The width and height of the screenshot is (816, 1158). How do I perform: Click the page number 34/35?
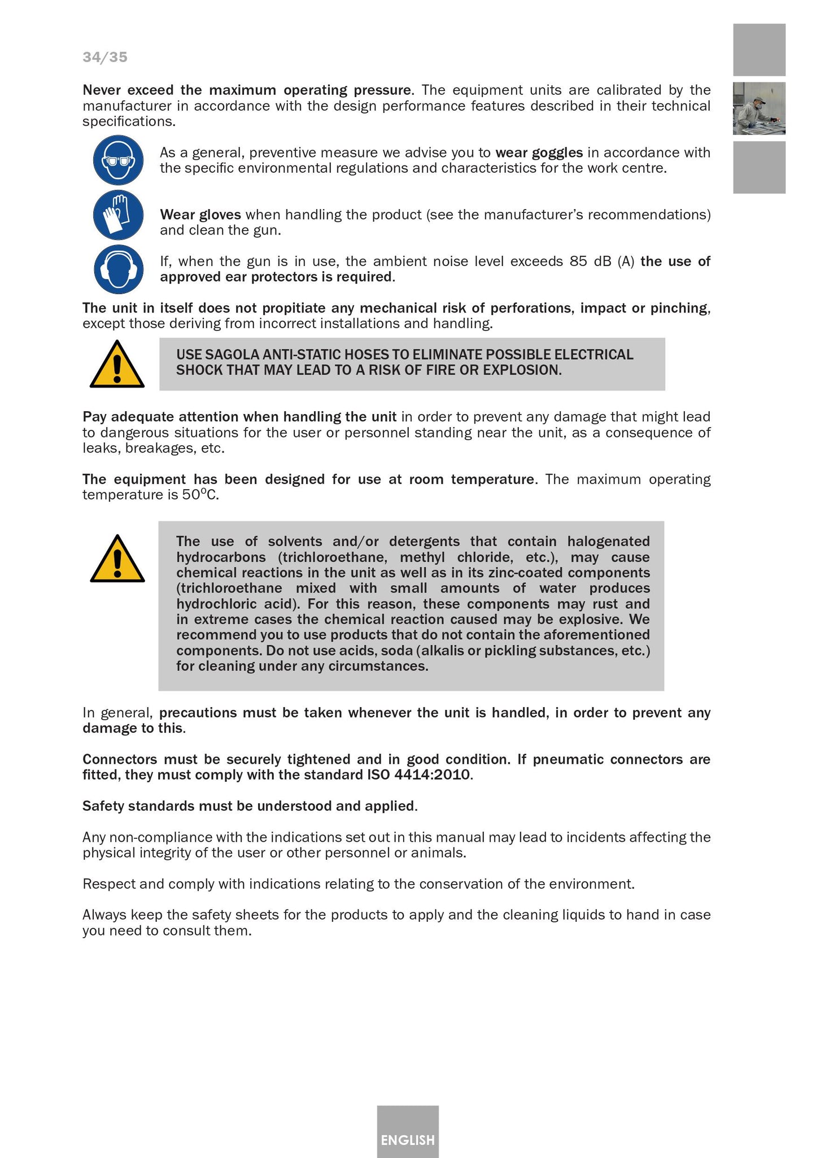pos(105,57)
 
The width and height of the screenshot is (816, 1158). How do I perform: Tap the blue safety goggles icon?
pos(118,160)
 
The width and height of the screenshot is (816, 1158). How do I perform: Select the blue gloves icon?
pos(118,215)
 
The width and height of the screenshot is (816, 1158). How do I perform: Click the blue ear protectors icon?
pos(118,269)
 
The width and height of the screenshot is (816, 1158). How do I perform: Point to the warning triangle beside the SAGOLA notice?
pos(117,365)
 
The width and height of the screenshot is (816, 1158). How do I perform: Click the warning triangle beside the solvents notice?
pos(117,559)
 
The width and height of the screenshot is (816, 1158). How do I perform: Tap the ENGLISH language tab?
pos(408,1140)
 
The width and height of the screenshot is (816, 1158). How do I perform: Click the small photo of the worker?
pos(759,108)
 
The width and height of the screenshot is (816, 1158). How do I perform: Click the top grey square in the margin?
pos(759,50)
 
